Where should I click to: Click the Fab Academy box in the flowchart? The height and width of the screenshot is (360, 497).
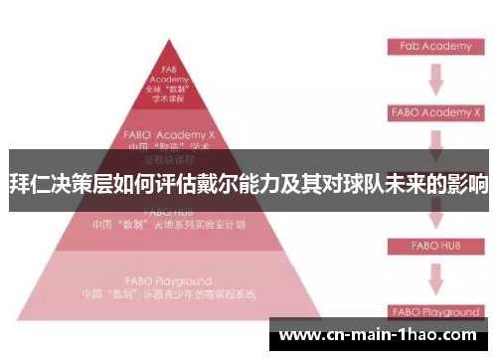tap(433, 47)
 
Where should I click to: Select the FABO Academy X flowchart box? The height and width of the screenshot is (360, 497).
tap(433, 112)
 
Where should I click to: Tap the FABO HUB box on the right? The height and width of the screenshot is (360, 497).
tap(433, 244)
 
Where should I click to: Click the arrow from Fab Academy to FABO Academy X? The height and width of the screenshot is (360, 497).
tap(434, 78)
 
